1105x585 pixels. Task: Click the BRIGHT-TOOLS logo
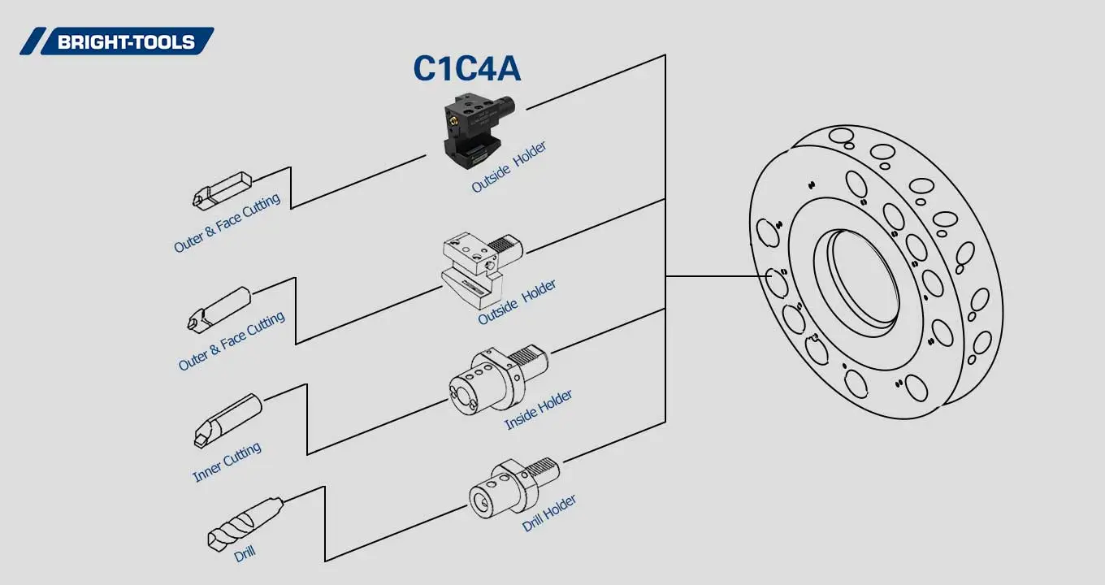[117, 41]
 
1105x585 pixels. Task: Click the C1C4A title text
[466, 69]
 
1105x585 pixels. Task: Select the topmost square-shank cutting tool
[221, 190]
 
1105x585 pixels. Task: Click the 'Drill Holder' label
[549, 513]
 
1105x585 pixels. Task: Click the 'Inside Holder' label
[538, 409]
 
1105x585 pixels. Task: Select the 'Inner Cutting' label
[227, 462]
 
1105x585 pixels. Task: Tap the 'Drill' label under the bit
[245, 554]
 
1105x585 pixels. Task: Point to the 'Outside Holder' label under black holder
[509, 167]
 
